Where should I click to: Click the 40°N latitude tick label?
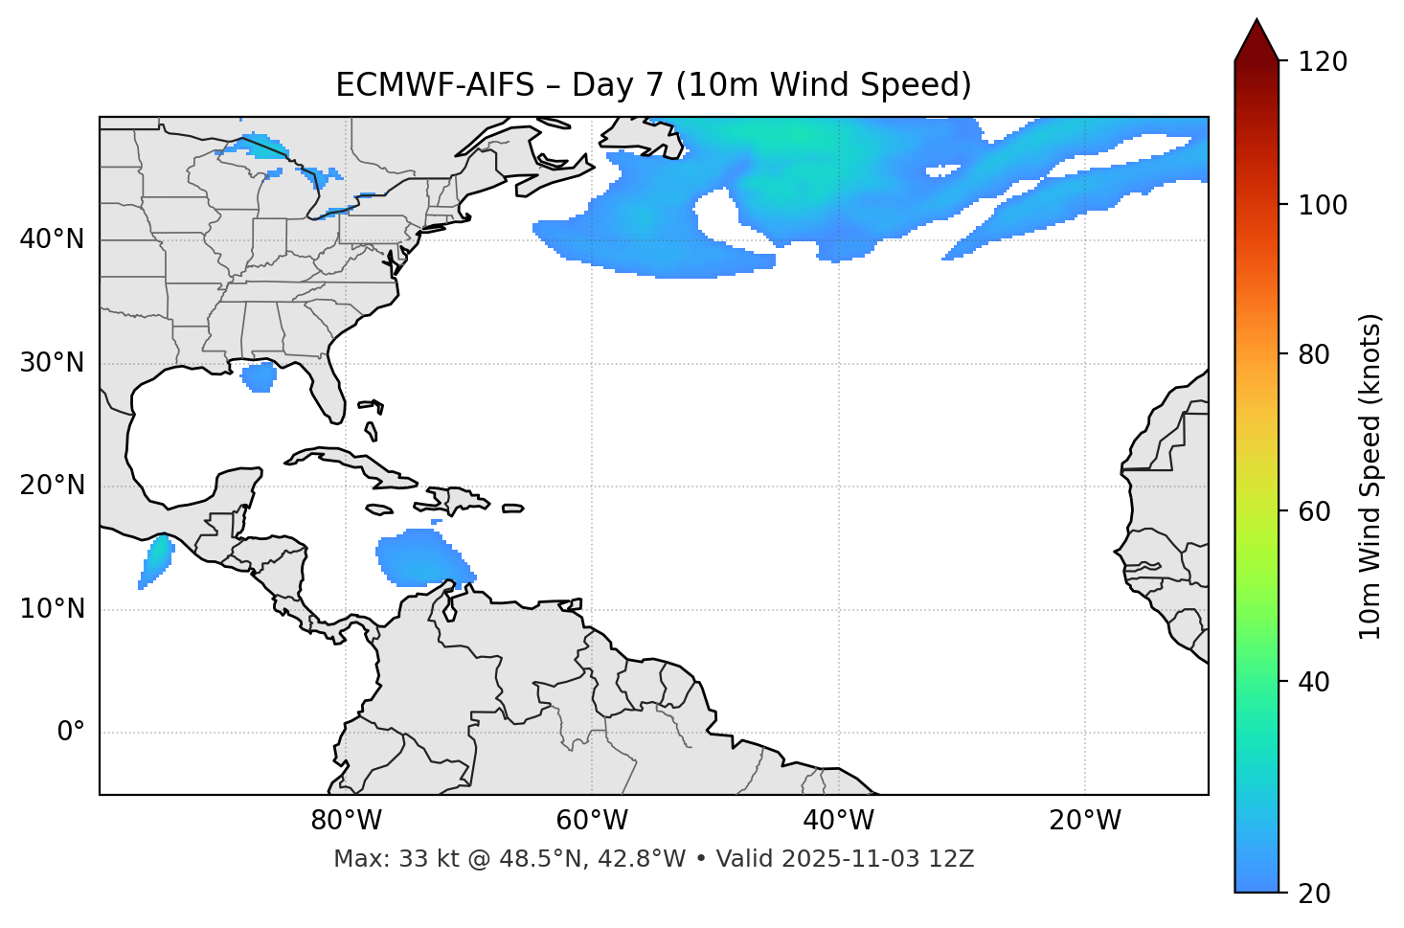point(52,239)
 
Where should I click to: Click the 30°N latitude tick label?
point(52,363)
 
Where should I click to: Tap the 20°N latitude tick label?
point(52,487)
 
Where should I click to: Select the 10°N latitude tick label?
point(52,609)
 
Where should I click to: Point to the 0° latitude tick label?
point(70,733)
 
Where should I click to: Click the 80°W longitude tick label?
point(346,821)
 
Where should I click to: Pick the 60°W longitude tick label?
point(592,821)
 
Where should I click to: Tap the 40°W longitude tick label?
point(838,821)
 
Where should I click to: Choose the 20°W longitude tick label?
point(1084,821)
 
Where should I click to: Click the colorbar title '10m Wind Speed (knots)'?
point(1370,476)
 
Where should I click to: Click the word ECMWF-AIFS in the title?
point(435,85)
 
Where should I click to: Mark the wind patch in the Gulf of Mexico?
point(259,375)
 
